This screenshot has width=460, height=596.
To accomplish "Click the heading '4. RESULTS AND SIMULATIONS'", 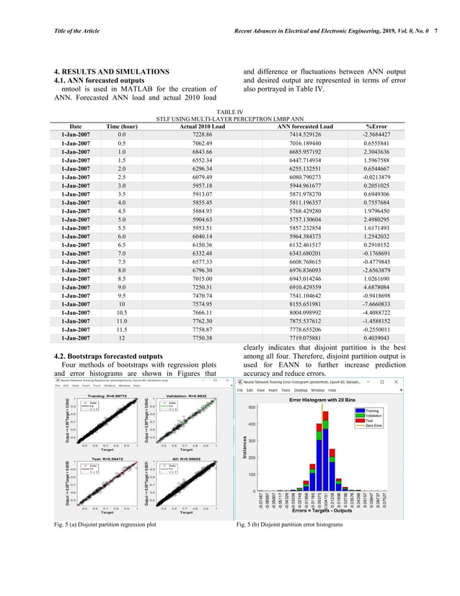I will [x=112, y=71].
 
